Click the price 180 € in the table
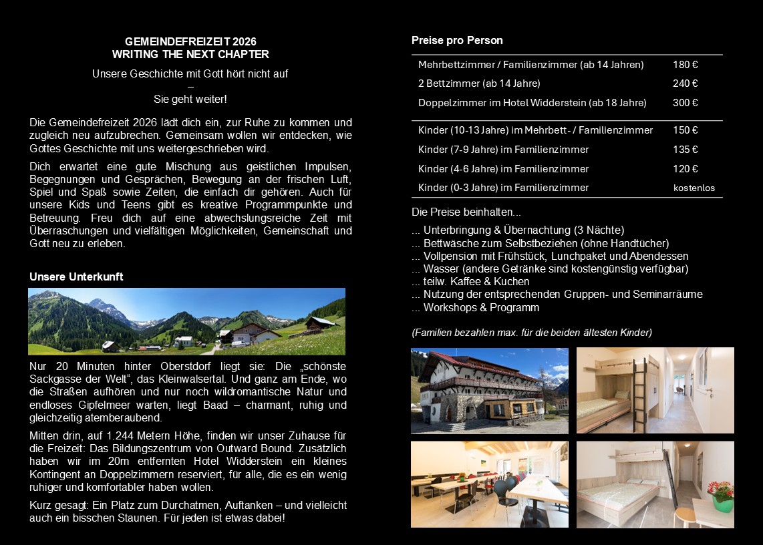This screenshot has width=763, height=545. click(x=685, y=65)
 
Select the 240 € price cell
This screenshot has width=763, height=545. click(x=685, y=83)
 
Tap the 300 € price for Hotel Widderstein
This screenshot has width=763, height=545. click(x=685, y=103)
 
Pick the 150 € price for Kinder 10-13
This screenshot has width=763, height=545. click(x=685, y=130)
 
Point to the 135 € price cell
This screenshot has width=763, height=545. click(x=685, y=150)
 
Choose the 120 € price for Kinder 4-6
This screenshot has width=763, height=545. click(x=685, y=169)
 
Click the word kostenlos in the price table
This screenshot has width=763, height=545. click(x=694, y=188)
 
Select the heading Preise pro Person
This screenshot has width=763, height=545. click(x=457, y=41)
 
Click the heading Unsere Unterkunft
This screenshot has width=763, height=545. click(x=76, y=277)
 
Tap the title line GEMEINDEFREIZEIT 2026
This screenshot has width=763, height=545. click(x=190, y=42)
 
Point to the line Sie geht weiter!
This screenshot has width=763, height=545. click(x=190, y=100)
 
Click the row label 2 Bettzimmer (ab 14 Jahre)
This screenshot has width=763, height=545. click(x=479, y=83)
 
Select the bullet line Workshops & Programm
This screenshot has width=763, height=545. click(x=476, y=308)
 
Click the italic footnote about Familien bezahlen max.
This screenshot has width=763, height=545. click(x=532, y=332)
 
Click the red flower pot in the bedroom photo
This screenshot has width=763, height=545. click(x=721, y=497)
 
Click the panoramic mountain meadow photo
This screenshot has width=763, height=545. click(x=186, y=321)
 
